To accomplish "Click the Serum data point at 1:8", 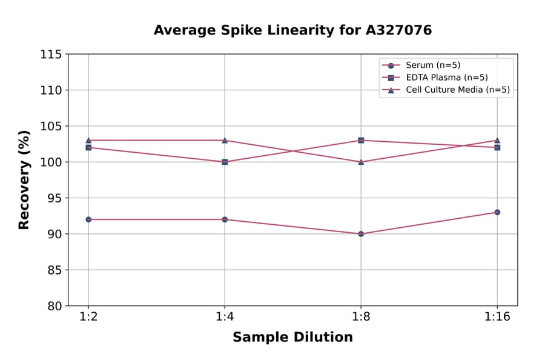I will point(361,233).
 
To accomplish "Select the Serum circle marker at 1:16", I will point(497,212).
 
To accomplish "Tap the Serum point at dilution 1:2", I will point(88,219).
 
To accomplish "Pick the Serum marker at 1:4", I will point(225,219).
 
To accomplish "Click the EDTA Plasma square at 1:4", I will point(225,162).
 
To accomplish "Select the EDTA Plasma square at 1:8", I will point(361,141).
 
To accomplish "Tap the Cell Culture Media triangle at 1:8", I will point(361,162).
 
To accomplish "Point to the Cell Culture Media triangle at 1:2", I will point(88,140).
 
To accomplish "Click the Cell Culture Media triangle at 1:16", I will point(497,140).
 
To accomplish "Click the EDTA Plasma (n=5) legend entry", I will point(446,78).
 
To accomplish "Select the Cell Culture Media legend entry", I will point(457,90).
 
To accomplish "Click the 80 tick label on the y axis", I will point(54,306).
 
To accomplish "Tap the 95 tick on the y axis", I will point(54,198).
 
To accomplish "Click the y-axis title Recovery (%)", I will point(24,180).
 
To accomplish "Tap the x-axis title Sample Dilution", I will point(292,338).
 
